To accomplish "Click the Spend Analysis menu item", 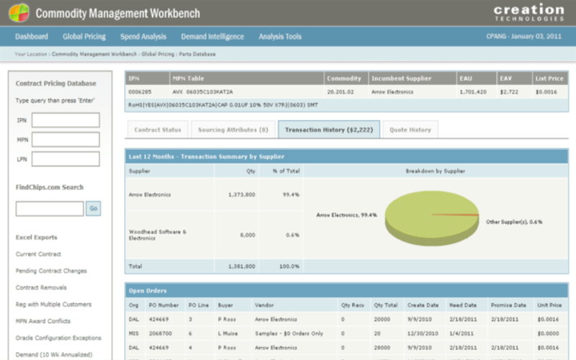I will pos(144,37).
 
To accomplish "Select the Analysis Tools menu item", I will pos(280,37).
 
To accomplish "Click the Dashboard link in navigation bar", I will pos(32,37).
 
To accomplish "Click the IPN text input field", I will pos(66,120).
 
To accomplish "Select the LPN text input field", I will pos(66,159).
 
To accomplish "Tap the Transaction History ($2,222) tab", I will pos(323,130).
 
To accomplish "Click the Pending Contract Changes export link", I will pos(51,271).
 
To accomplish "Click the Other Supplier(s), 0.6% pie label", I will pos(514,222).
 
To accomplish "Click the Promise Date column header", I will pos(509,305).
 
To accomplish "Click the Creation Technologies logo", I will pos(528,12).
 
